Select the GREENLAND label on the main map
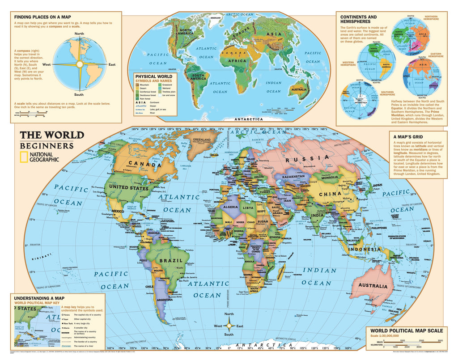click(x=201, y=139)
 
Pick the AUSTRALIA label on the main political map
click(x=372, y=285)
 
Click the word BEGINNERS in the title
click(x=47, y=146)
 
